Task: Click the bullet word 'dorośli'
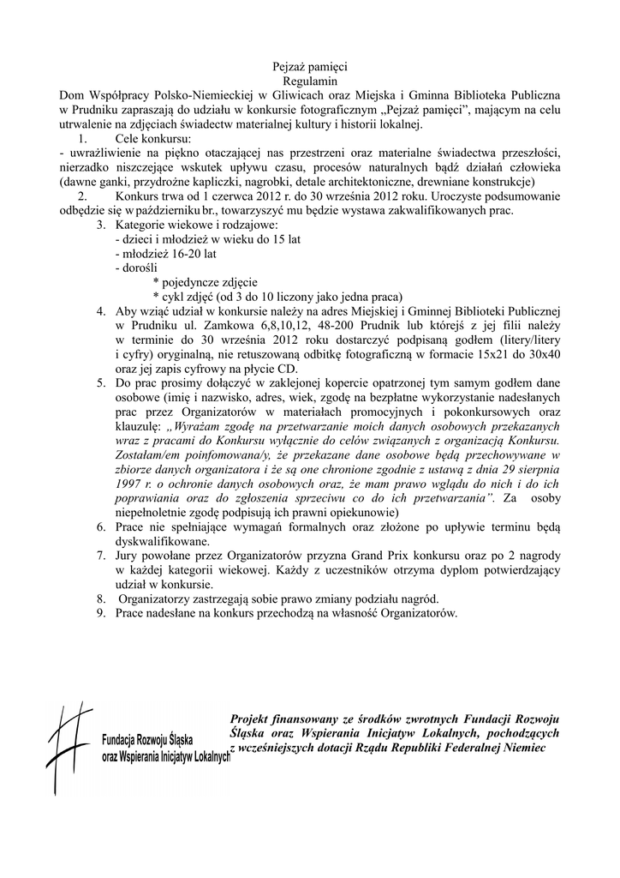pos(136,269)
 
